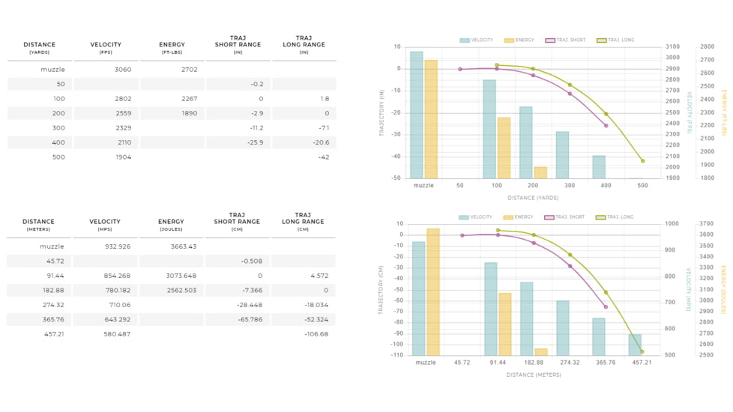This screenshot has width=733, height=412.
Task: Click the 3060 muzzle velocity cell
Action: pyautogui.click(x=122, y=70)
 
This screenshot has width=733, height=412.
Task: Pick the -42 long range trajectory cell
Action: pyautogui.click(x=323, y=157)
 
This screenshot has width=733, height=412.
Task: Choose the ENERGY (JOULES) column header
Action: pyautogui.click(x=171, y=225)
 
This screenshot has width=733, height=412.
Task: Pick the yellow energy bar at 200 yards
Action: pyautogui.click(x=540, y=172)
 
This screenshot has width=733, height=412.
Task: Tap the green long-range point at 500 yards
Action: pyautogui.click(x=642, y=161)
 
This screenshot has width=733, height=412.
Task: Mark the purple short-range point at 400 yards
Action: pyautogui.click(x=606, y=125)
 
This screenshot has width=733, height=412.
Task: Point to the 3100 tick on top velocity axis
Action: pyautogui.click(x=672, y=46)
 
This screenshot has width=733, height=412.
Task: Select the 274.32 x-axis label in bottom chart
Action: pyautogui.click(x=569, y=363)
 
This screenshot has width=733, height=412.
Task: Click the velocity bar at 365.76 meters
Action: pyautogui.click(x=598, y=336)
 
